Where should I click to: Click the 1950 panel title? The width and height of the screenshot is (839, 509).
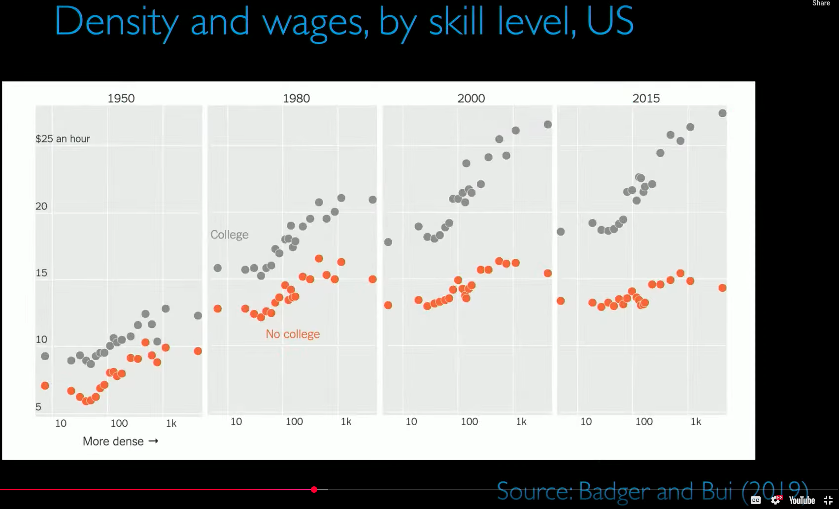121,98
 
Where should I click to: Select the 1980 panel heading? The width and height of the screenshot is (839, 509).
296,98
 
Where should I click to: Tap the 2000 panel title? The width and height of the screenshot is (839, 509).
471,98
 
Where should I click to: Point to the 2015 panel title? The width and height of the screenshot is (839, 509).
646,98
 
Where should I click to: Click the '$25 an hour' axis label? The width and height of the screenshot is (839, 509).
63,138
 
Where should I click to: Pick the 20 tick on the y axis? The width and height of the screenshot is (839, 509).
41,206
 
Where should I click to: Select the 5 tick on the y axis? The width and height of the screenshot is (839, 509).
38,407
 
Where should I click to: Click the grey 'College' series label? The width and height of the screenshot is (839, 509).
229,235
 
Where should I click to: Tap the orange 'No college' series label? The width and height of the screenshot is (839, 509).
293,334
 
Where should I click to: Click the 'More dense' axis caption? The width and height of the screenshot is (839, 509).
113,441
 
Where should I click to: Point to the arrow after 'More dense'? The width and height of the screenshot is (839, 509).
153,441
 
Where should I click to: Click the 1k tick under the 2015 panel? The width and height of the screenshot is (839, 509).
696,422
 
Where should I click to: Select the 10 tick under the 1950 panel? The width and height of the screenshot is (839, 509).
61,423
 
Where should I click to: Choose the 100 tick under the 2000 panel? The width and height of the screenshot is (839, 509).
469,422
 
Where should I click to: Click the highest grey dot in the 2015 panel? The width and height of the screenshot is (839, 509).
722,113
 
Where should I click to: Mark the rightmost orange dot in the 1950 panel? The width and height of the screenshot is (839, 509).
198,351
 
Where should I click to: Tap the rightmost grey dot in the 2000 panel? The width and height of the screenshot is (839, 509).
548,125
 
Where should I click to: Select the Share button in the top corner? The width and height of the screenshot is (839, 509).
821,3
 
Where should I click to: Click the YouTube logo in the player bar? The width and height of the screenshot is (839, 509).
802,501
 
